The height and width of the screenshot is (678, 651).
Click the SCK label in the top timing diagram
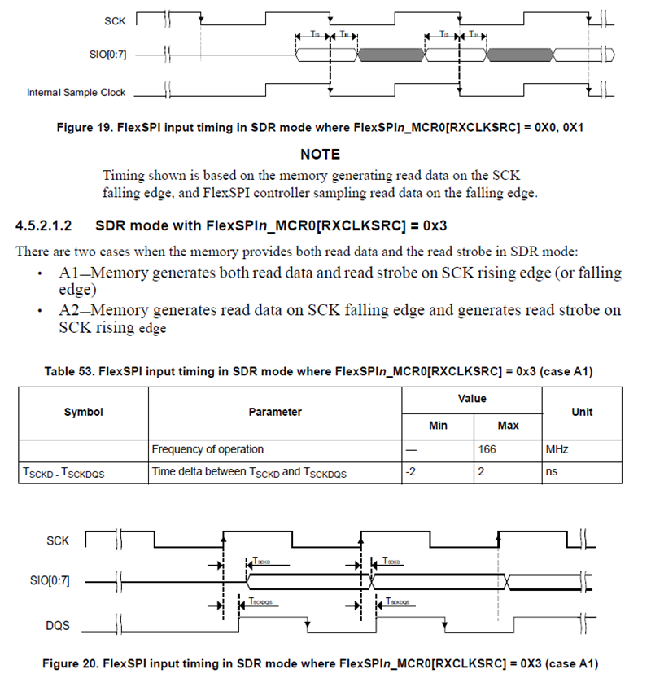115,16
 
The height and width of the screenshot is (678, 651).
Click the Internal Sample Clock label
76,93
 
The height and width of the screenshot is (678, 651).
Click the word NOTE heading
320,155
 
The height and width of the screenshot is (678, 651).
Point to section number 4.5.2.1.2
49,225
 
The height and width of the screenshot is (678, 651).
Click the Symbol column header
83,412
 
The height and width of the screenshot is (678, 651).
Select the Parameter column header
275,412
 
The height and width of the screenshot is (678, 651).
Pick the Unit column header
582,412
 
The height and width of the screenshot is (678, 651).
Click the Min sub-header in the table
438,426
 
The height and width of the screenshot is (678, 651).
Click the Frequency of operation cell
208,449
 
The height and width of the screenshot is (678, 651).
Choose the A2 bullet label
68,311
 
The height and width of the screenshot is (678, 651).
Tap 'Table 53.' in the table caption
71,372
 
